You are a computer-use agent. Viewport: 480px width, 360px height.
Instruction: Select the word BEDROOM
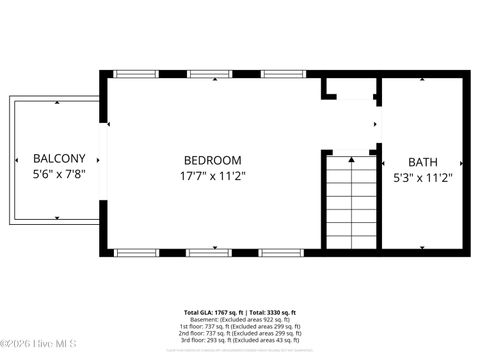coord(212,160)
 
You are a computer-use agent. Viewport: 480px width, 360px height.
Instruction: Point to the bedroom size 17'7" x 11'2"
coord(212,175)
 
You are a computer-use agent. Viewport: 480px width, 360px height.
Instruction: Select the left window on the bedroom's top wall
coord(131,73)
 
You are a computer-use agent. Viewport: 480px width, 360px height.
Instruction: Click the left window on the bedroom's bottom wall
coord(131,251)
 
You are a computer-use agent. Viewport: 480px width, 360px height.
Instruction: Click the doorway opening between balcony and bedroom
coord(103,161)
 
